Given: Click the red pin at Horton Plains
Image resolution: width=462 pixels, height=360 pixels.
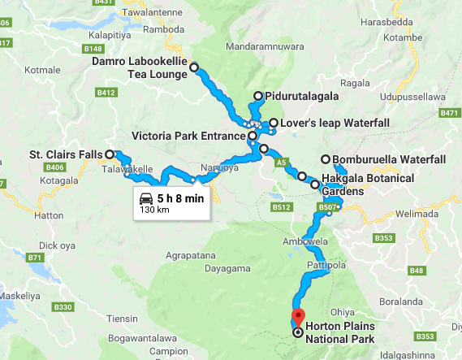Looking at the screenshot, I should (298, 317).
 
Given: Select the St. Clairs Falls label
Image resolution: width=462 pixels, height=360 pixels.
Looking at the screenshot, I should (66, 154).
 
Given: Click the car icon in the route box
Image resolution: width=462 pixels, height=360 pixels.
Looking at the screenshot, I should (146, 198).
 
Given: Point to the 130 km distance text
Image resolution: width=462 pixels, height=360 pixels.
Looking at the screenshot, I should (154, 210).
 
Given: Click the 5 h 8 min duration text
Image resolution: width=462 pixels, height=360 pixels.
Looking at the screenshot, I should (180, 198).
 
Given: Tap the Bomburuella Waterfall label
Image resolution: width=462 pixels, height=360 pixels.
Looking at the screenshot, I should (389, 159).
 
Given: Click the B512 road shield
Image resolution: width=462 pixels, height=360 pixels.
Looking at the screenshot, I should (282, 207).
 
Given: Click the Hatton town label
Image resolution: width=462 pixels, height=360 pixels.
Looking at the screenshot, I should (49, 216).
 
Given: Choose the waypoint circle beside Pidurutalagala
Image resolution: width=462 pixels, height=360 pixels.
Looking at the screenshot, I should (258, 96).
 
